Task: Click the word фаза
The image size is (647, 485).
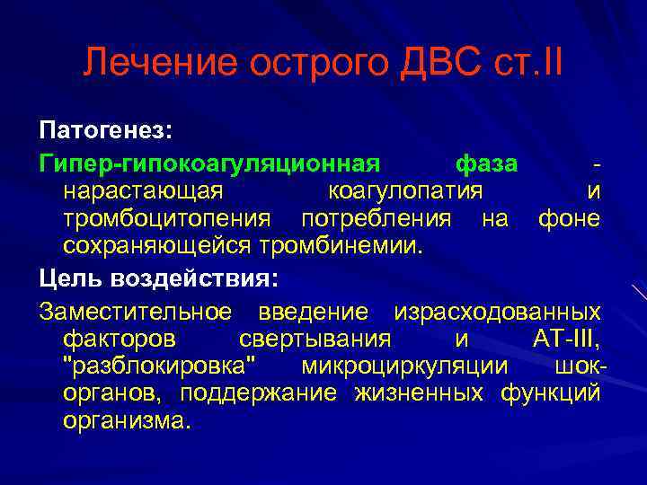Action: pos(486,164)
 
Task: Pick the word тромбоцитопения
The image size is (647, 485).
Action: pos(166,218)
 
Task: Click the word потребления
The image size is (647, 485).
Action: pos(377,218)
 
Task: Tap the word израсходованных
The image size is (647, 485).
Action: pos(498,312)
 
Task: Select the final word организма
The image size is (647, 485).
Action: pos(127,420)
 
